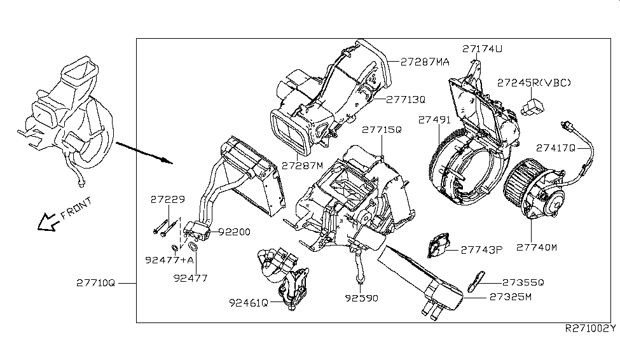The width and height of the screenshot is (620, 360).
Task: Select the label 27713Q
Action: coord(406,99)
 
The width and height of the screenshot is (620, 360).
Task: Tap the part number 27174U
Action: coord(483,48)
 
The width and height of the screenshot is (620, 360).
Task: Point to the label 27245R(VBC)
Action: coord(534,83)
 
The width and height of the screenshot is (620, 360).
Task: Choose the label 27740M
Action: coord(536,247)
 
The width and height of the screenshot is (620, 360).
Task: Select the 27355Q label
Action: coord(523,282)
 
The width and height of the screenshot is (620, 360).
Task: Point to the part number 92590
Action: coord(361,297)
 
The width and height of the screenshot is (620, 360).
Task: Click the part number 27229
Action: coord(168,199)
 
